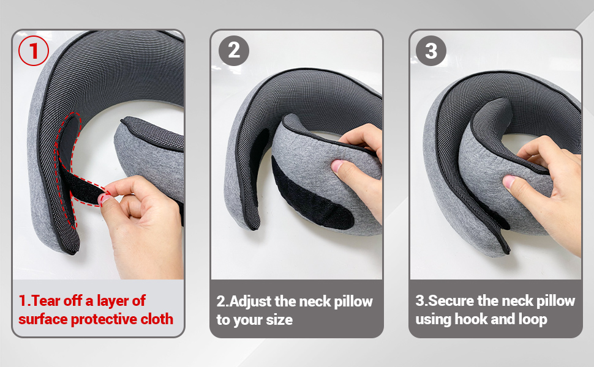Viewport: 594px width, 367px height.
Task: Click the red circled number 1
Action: tap(34, 50)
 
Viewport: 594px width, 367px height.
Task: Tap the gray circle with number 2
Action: tap(234, 50)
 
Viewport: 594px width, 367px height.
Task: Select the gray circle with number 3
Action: tap(431, 50)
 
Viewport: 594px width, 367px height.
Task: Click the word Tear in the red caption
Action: tap(46, 301)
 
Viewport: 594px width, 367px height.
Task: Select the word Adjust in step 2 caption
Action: tap(251, 302)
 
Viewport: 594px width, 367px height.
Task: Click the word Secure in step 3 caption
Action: tap(451, 301)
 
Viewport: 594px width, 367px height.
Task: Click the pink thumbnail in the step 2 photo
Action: tap(336, 165)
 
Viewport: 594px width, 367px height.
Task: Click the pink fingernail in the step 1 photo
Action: tap(103, 198)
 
